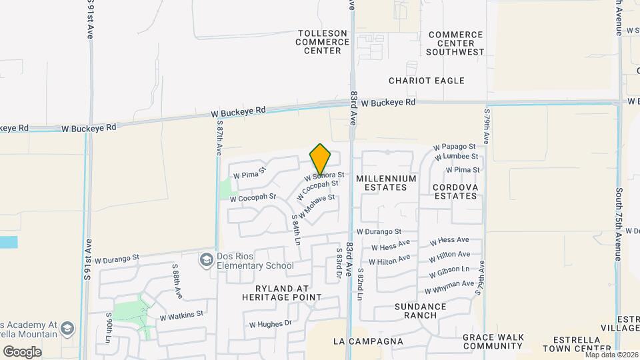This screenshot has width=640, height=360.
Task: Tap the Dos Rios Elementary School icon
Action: coord(207,259)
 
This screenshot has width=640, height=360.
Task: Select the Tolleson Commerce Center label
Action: coord(323,42)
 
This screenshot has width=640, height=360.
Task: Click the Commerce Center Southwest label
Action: coord(455,43)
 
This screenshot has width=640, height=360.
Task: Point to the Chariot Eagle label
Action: coord(427,81)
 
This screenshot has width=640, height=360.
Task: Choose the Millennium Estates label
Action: coord(386,183)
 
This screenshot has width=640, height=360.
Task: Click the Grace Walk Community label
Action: coord(492,342)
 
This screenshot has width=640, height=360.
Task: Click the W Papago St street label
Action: coord(455,146)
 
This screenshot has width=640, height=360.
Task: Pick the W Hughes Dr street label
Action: coord(271,324)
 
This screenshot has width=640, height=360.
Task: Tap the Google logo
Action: coord(22,351)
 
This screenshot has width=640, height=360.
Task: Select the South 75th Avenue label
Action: coord(619,223)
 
